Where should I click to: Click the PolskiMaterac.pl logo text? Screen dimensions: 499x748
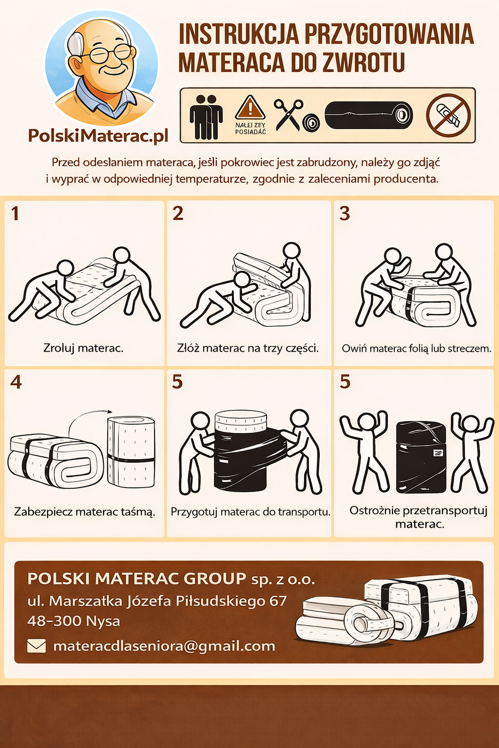98,136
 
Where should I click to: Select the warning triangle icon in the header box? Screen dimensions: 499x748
250,108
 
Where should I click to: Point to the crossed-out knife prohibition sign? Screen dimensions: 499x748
448,115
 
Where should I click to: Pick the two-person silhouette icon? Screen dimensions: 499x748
206,117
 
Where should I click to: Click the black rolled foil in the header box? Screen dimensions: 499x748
369,115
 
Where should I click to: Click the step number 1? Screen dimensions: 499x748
15,214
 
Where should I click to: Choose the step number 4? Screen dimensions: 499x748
16,382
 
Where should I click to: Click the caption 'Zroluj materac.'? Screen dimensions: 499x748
83,348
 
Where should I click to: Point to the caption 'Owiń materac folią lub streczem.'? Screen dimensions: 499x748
417,349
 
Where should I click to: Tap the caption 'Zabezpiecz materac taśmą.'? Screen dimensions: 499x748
85,512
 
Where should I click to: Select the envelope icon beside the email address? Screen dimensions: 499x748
37,646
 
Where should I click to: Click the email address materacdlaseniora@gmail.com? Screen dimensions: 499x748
164,646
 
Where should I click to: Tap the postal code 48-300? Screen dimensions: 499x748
55,621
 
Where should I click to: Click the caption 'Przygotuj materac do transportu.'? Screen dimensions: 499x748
250,512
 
